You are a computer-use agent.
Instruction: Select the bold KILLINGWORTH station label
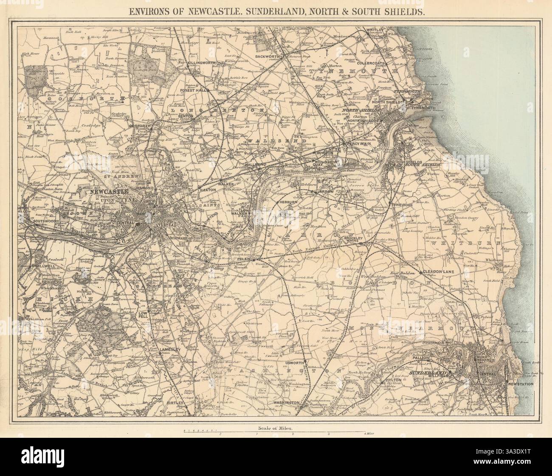[202, 63]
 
